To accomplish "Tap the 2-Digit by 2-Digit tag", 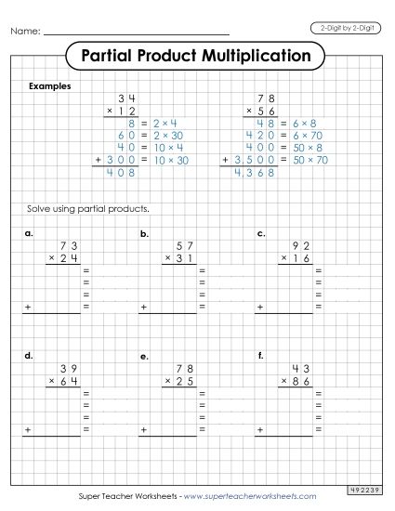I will point(345,32).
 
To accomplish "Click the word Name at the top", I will point(25,33).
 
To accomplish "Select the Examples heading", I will point(50,85).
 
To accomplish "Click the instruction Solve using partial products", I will point(90,208).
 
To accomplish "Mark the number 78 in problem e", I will point(184,367).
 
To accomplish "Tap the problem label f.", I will point(261,356).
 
